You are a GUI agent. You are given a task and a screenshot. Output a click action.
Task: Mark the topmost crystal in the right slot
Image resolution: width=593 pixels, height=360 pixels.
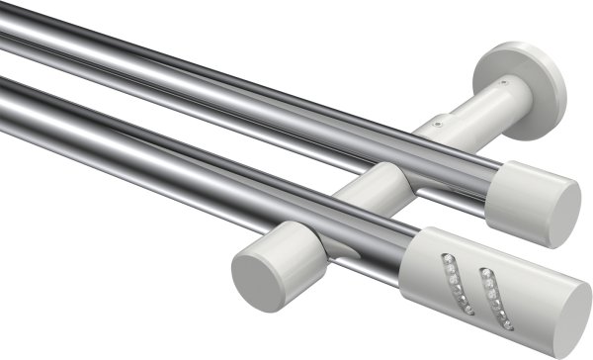485,271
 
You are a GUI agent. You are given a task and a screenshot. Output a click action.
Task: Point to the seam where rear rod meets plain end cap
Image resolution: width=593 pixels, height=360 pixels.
495,183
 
